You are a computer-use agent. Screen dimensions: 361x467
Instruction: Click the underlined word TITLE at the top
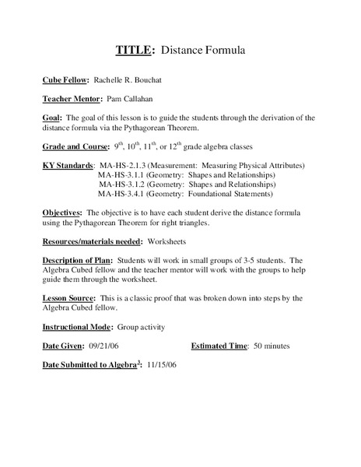133,51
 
